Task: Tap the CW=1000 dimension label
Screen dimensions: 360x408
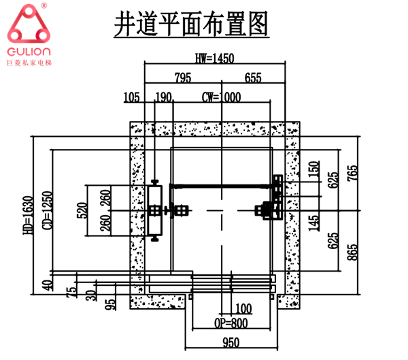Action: click(x=222, y=97)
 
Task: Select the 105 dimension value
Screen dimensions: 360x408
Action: click(x=132, y=97)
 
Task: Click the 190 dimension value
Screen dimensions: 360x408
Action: click(x=164, y=97)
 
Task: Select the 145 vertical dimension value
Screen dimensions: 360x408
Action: click(x=313, y=222)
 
